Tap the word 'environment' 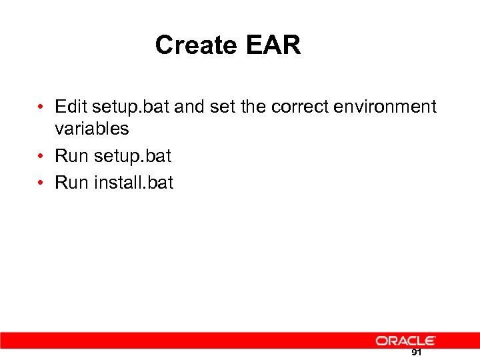point(383,107)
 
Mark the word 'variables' point(91,128)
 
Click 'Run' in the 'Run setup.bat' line point(71,156)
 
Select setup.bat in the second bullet point(132,157)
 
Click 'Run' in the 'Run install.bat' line point(71,183)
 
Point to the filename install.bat point(133,183)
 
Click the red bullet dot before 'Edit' point(41,107)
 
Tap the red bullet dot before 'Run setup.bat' point(41,157)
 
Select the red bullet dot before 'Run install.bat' point(41,183)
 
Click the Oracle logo point(405,341)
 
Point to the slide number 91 point(416,353)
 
